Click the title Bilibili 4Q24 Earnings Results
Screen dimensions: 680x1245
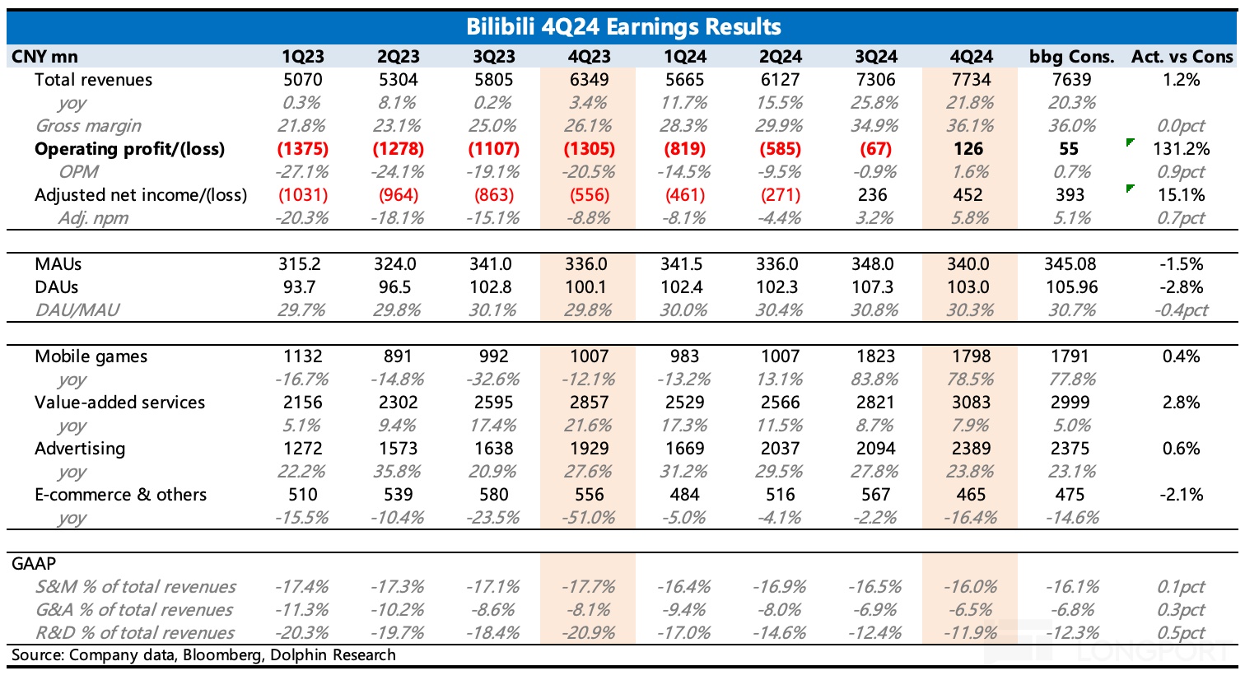(x=622, y=26)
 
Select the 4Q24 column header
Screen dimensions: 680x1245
(x=971, y=57)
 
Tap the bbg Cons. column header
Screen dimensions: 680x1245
(x=1071, y=57)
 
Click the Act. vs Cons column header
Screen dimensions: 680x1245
(x=1182, y=57)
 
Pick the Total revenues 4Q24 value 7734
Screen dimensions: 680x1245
(x=971, y=80)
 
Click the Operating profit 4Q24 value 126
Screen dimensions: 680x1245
(x=968, y=149)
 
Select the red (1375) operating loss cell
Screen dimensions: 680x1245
(x=303, y=149)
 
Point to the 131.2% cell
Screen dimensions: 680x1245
(x=1181, y=149)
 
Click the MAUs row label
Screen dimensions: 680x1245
(x=58, y=264)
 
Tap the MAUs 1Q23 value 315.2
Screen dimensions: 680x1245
(x=303, y=264)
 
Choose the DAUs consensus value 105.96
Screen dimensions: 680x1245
(x=1070, y=287)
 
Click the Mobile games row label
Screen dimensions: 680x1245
(x=91, y=356)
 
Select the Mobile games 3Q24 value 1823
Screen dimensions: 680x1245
(x=875, y=356)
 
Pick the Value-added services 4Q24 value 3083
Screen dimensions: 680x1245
(x=971, y=403)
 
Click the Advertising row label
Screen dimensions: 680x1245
(x=80, y=449)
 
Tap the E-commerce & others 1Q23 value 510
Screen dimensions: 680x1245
(x=303, y=495)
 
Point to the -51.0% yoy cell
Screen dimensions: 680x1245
(x=589, y=518)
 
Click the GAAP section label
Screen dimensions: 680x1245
(x=34, y=564)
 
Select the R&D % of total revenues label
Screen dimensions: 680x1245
(x=134, y=633)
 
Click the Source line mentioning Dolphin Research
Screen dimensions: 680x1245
(x=203, y=655)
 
